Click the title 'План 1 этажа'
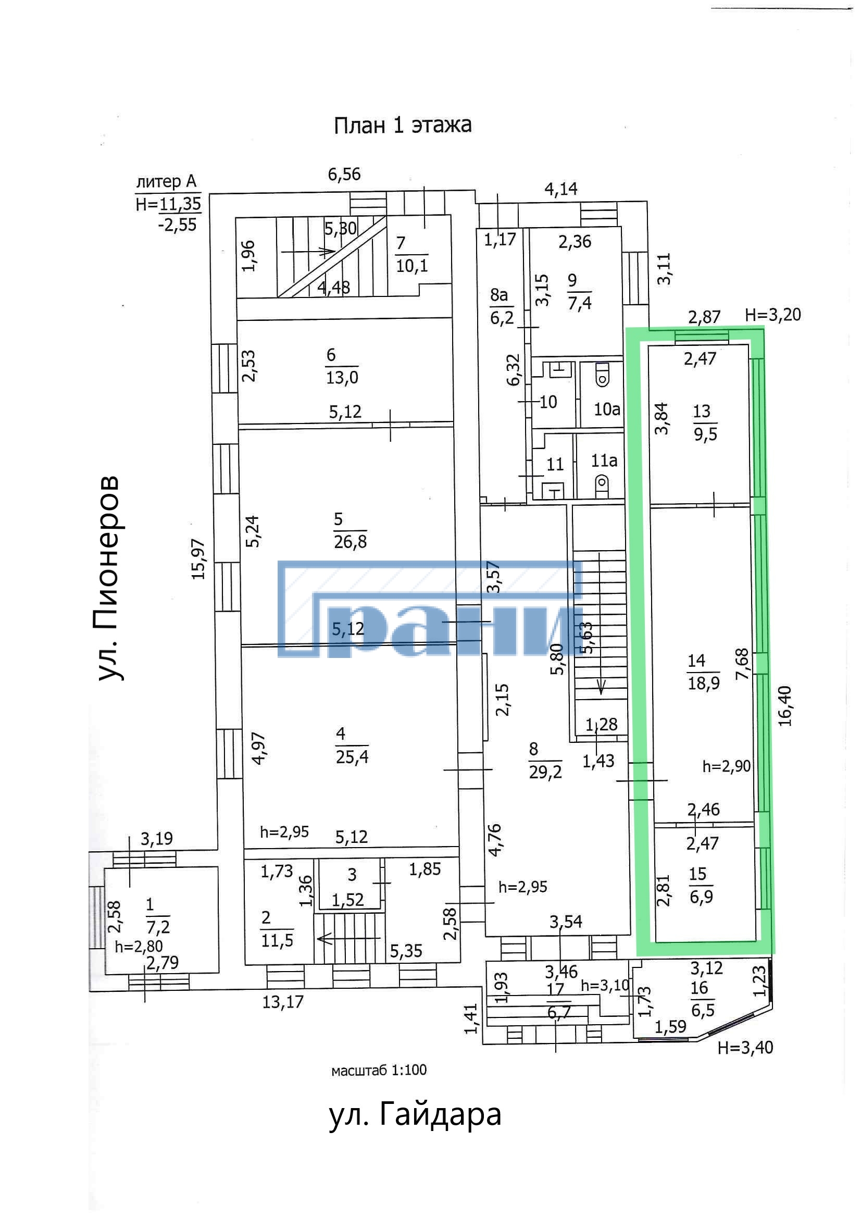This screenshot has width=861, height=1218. (x=402, y=125)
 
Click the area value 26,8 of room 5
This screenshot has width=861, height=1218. (x=350, y=542)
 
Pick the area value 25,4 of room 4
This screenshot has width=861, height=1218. (x=352, y=756)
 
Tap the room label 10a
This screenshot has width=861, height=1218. (x=607, y=409)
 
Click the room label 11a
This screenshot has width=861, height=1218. (x=604, y=461)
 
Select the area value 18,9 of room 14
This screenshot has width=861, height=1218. (x=704, y=683)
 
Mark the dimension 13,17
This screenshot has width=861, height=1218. (x=283, y=1002)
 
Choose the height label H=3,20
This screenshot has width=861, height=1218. (x=772, y=315)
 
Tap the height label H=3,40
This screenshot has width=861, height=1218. (x=745, y=1047)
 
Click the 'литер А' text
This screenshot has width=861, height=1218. (x=166, y=181)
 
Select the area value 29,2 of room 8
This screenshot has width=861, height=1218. (x=545, y=772)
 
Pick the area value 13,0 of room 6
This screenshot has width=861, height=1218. (x=342, y=378)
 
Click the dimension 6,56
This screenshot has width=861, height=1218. (x=344, y=174)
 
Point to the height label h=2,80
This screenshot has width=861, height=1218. (x=139, y=946)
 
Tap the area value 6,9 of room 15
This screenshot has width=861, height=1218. (x=701, y=897)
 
